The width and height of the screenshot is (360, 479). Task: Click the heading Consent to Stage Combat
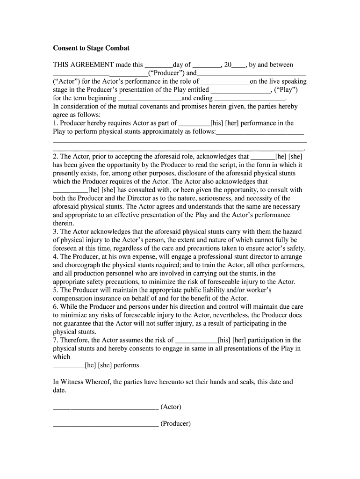[91, 48]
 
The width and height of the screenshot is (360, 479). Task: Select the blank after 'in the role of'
[225, 82]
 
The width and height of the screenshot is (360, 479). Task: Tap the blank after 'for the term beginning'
[149, 99]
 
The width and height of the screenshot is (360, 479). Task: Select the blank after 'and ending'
[249, 99]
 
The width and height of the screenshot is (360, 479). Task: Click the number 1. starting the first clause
[56, 123]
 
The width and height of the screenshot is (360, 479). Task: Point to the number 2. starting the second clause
[56, 157]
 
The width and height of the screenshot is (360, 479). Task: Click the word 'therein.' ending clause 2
[64, 224]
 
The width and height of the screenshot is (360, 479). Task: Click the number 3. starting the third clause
[56, 232]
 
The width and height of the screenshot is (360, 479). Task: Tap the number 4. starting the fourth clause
[56, 257]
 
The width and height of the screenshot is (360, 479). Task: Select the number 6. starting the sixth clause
[56, 307]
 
